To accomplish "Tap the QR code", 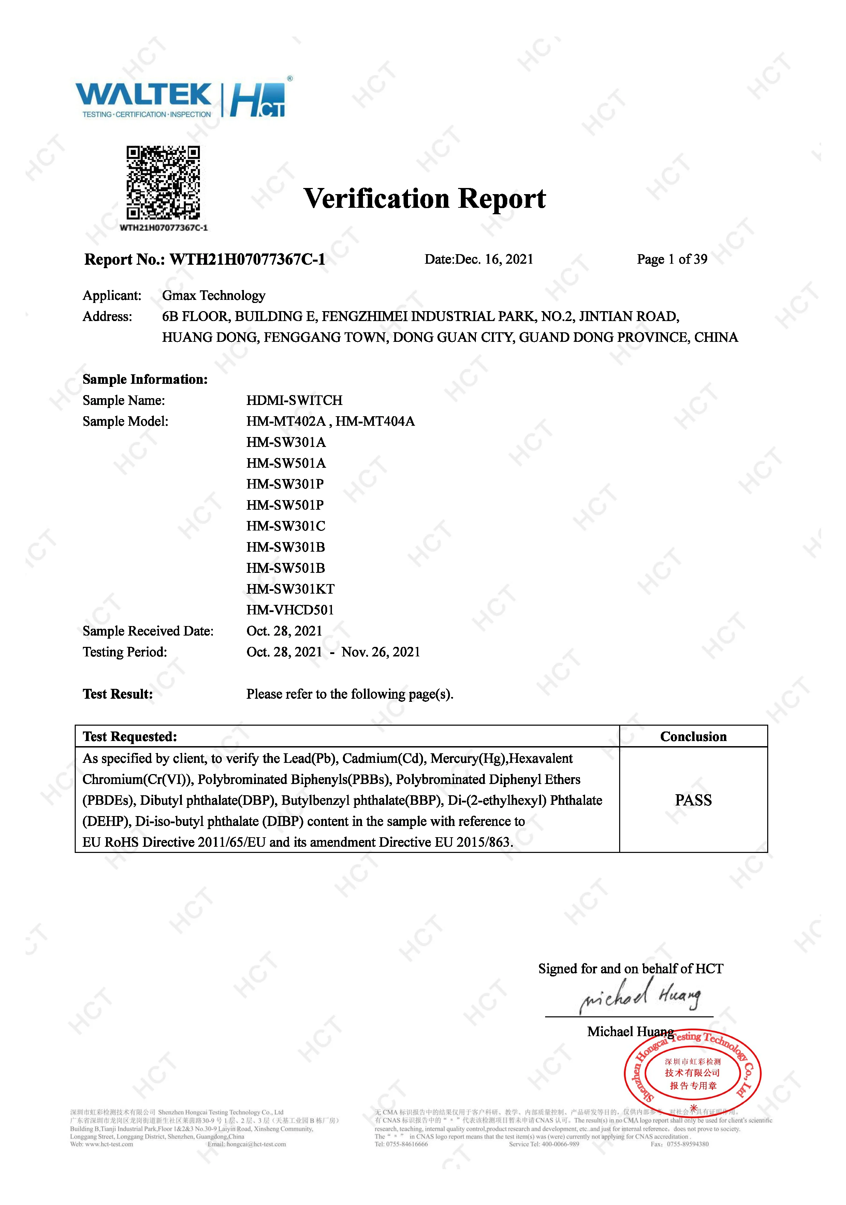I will click(163, 182).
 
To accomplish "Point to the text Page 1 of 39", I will click(672, 259).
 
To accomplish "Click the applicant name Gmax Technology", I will click(214, 295).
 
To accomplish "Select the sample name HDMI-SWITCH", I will click(294, 401).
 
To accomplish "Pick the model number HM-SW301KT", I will click(290, 589).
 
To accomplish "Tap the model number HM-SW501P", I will click(285, 505).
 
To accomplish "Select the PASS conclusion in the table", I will click(693, 800).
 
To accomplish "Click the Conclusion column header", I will click(693, 737).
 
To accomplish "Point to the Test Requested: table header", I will click(130, 737).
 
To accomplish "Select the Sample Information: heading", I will click(145, 379).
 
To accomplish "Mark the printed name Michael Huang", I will click(630, 1032).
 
